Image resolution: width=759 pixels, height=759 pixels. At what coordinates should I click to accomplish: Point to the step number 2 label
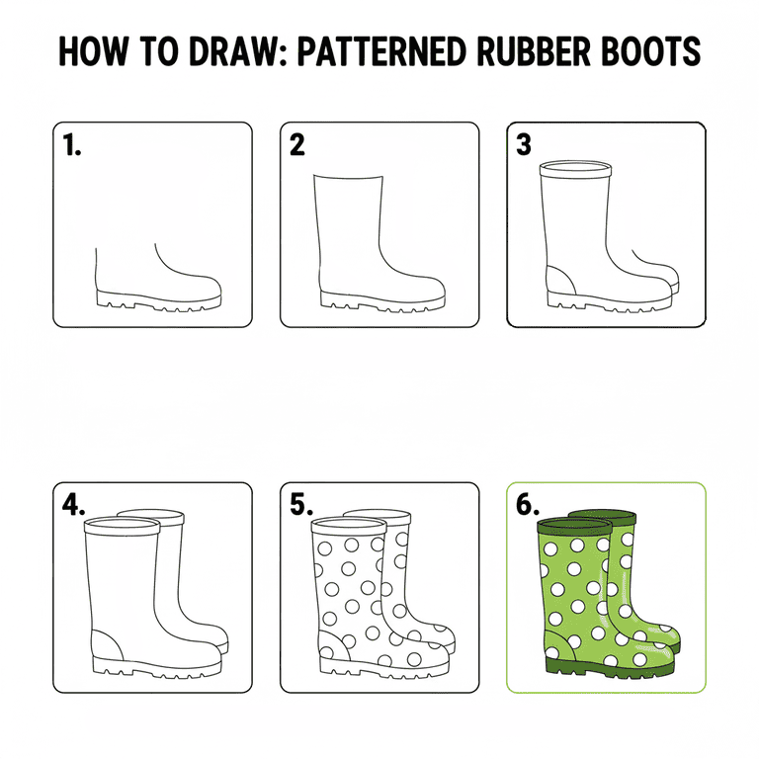tap(297, 145)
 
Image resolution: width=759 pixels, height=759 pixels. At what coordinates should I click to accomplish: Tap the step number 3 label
tap(524, 145)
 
